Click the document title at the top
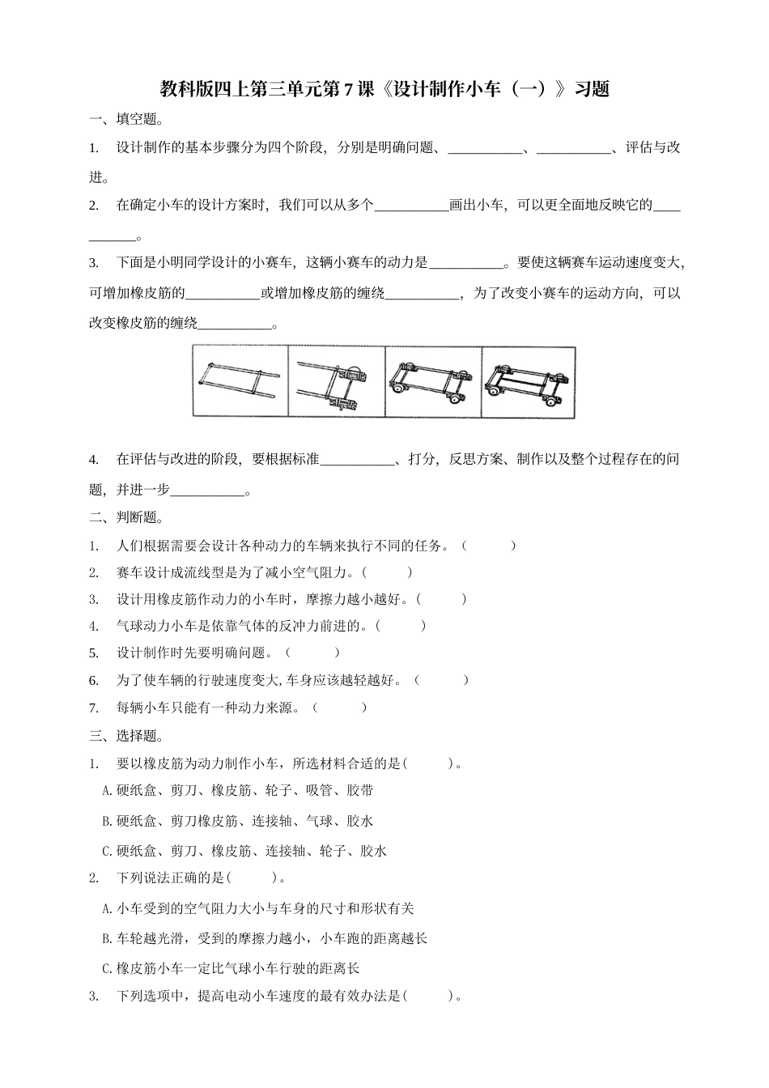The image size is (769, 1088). point(384,89)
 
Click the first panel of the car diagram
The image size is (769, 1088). point(240,381)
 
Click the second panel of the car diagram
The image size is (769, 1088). point(337,381)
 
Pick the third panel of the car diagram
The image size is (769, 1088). point(433,381)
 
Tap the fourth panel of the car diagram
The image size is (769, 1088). point(529,381)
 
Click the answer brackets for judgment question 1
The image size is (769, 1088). point(488,546)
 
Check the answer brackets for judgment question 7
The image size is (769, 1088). point(340,708)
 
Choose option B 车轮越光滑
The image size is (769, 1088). point(265,938)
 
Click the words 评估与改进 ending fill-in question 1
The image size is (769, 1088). point(653,148)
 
